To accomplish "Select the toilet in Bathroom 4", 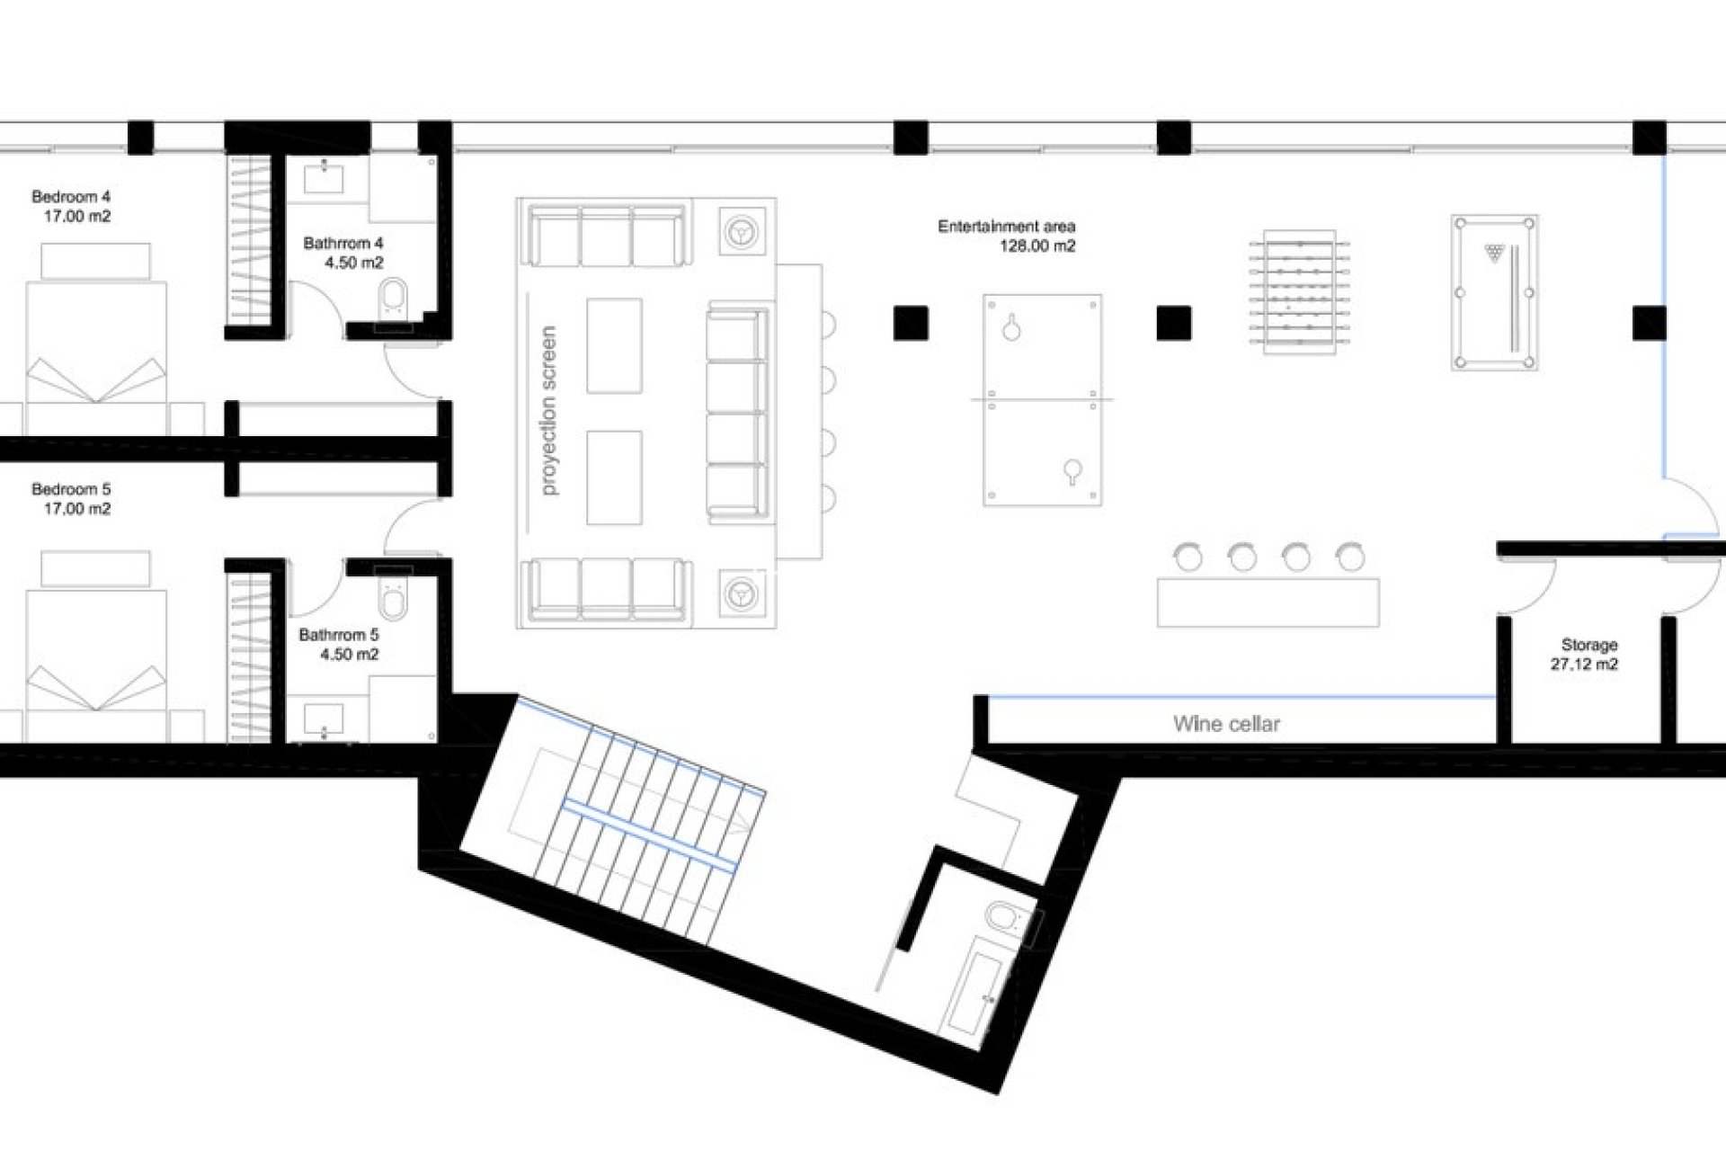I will coord(394,296).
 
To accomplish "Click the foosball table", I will coord(1299,292).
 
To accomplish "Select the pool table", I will coord(1494,292).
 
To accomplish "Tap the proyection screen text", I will coord(548,410).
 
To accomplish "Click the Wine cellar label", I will coord(1226,724).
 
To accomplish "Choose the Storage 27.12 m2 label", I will coord(1587,655).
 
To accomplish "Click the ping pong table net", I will coord(1042,399).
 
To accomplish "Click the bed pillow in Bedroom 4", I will coord(95,262).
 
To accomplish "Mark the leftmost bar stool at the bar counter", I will coord(1188,558).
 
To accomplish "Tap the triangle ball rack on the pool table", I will coord(1494,253).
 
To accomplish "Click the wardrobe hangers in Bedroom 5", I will coord(250,656).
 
